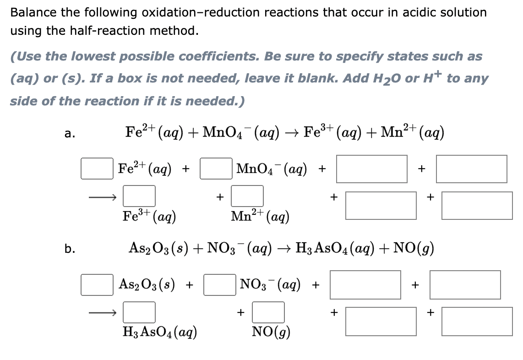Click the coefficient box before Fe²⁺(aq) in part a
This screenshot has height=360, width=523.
tap(97, 169)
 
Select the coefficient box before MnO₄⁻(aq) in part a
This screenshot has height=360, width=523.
tap(216, 169)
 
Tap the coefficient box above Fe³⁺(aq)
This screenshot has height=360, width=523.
tap(139, 196)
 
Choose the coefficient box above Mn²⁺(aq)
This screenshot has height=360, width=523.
tap(247, 196)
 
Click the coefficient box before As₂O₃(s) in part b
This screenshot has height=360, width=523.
tap(97, 284)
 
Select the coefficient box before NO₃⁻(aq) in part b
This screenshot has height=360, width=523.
tap(220, 284)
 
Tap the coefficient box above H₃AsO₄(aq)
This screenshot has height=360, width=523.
tap(139, 312)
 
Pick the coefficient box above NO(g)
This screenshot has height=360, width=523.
tap(268, 312)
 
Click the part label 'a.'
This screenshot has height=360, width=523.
tap(70, 133)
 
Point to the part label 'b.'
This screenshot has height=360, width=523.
tap(70, 249)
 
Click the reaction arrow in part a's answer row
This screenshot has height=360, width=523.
tap(103, 197)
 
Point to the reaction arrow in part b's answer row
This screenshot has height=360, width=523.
tap(103, 313)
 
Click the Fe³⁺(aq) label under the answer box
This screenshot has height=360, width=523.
tap(149, 217)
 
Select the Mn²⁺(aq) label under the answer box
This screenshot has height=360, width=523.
tap(260, 217)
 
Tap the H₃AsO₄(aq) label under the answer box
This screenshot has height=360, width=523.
tap(160, 332)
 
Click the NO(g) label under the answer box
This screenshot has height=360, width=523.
tap(271, 332)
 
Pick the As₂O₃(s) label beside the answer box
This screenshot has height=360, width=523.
tap(147, 284)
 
